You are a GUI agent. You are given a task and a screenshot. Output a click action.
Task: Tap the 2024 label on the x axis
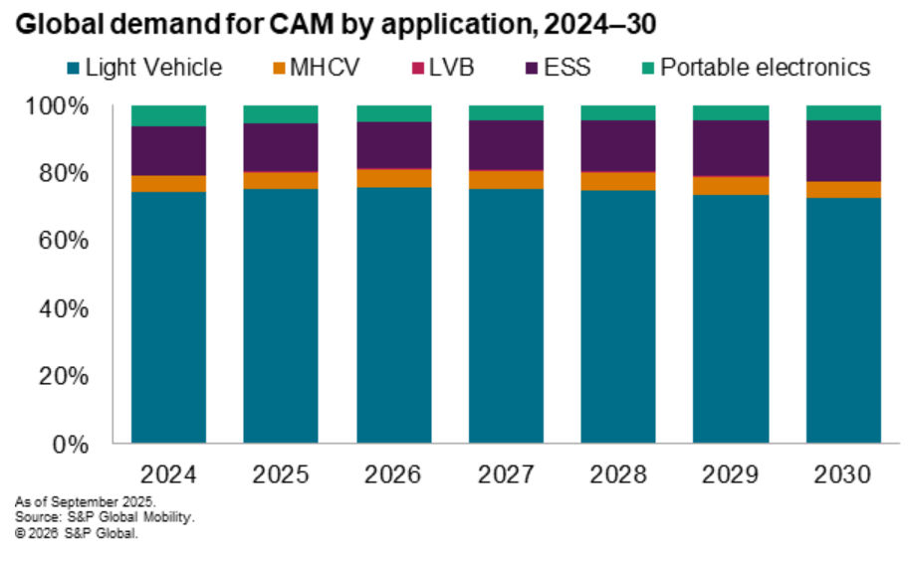point(168,473)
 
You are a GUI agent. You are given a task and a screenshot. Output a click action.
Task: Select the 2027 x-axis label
point(506,473)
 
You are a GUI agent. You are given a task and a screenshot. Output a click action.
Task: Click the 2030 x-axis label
point(843,473)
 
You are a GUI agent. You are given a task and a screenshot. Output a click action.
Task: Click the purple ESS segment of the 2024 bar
point(168,150)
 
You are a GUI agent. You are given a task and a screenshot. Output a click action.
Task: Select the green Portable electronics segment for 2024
point(168,115)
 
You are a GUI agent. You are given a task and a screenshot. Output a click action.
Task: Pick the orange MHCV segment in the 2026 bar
point(393,178)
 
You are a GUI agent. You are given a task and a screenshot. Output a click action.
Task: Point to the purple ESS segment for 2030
point(843,150)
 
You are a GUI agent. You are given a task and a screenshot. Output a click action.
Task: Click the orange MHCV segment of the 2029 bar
point(731,185)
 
